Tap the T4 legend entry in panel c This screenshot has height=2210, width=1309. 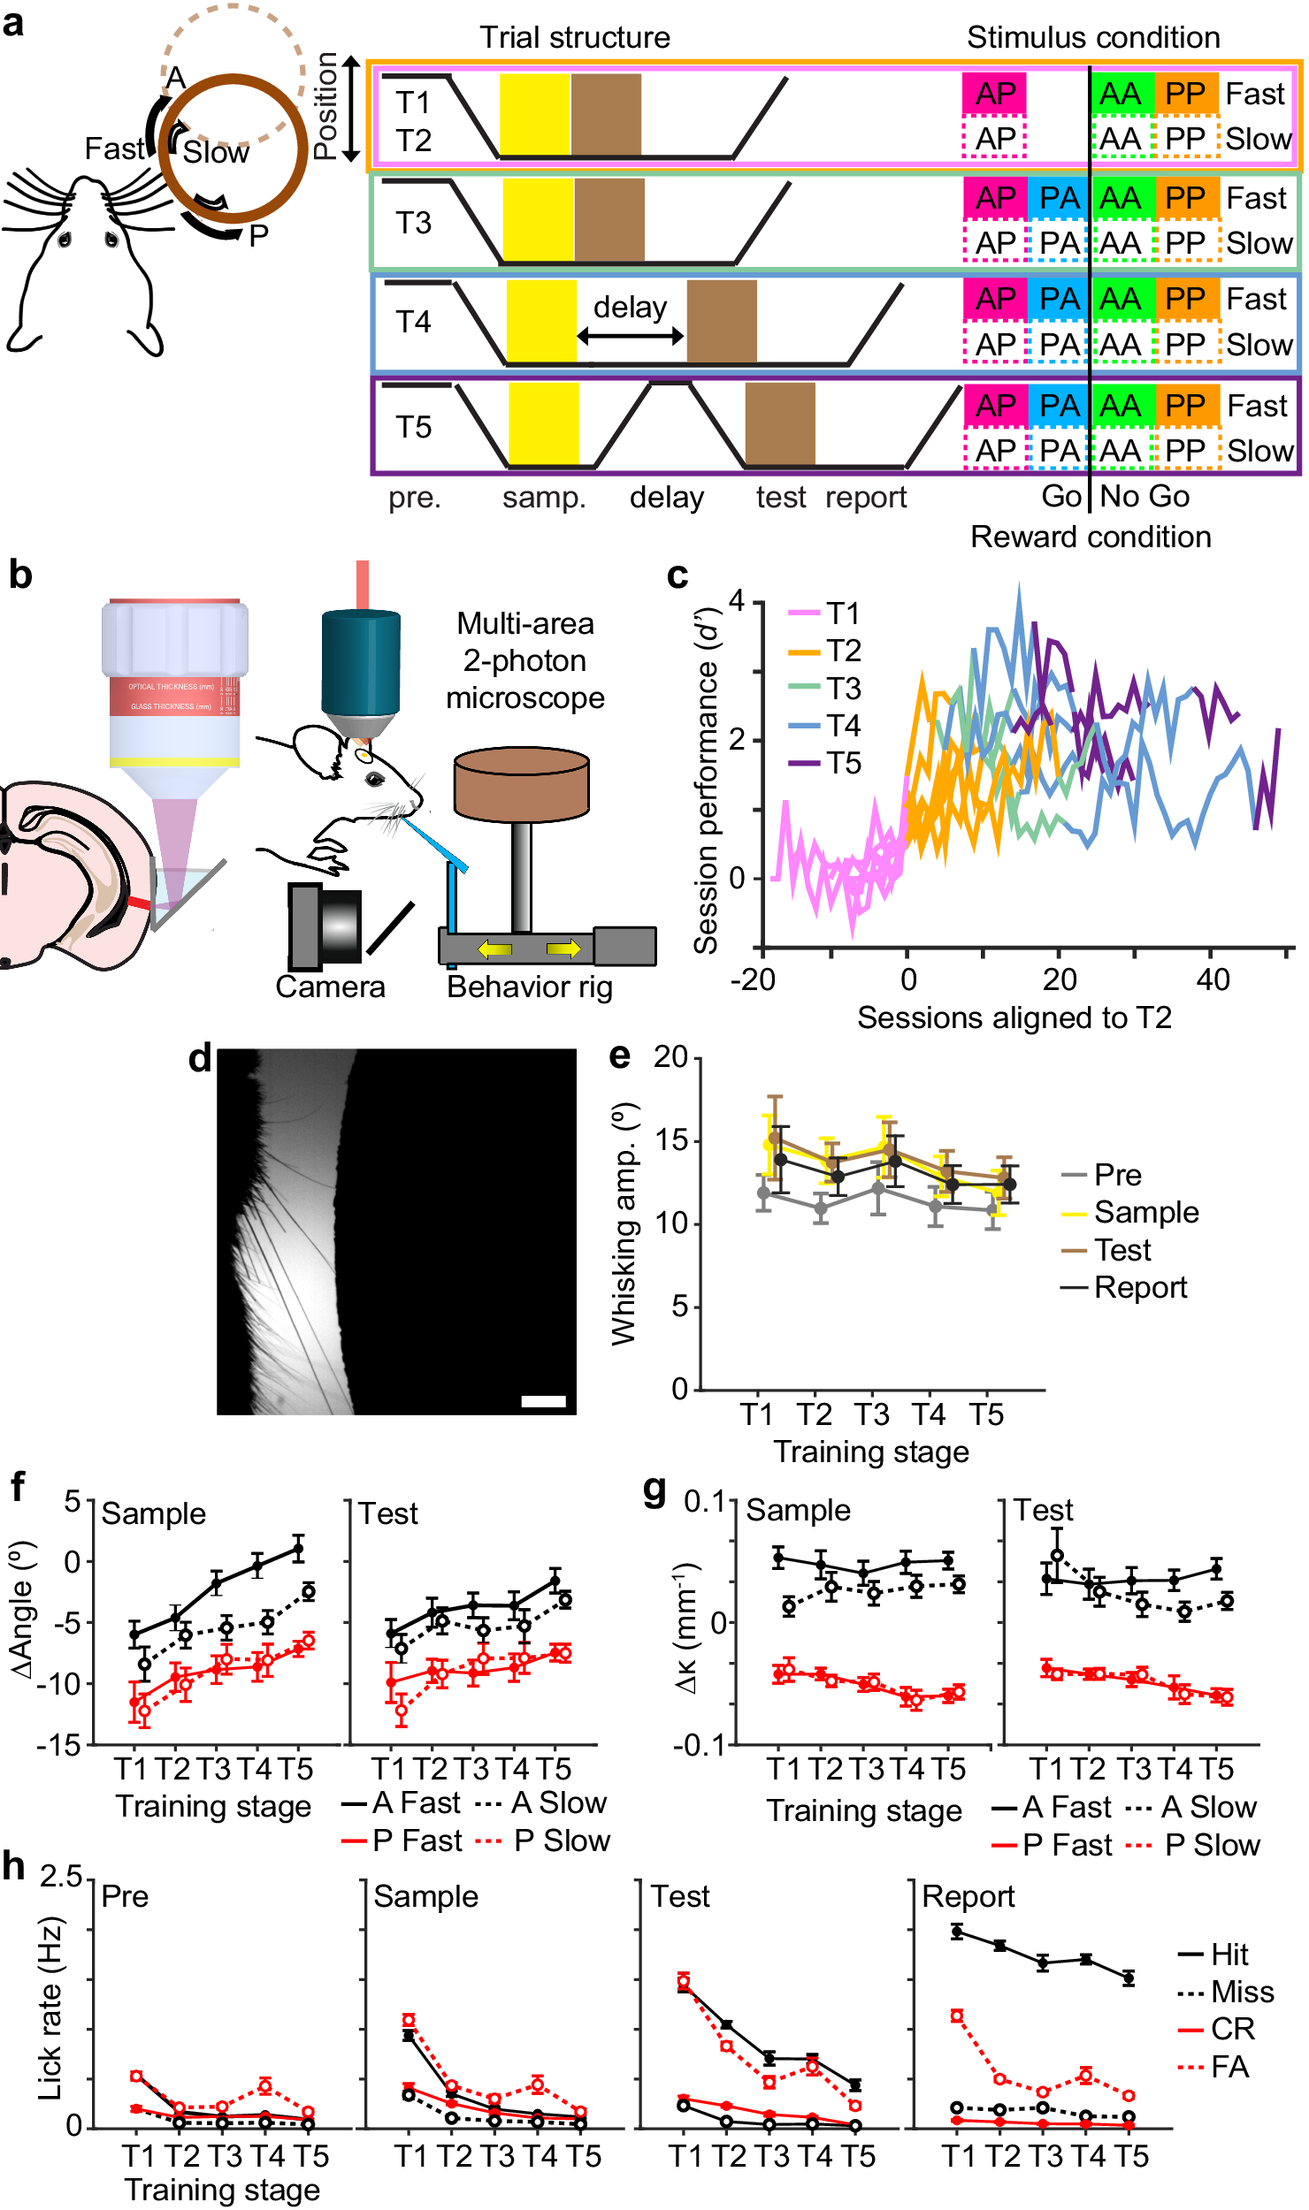[843, 726]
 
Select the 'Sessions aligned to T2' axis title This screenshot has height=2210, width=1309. [1014, 1017]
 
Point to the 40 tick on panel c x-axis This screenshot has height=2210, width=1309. [1212, 979]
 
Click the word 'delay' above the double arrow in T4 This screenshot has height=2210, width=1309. [630, 308]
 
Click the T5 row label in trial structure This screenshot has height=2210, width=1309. [413, 428]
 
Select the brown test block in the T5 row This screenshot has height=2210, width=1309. [779, 423]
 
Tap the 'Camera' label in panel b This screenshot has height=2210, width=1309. [330, 987]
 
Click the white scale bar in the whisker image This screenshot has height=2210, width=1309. [543, 1400]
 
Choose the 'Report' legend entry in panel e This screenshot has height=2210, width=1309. [1139, 1288]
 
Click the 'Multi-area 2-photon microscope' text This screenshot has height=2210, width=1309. [524, 660]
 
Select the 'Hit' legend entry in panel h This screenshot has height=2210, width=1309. [1229, 1955]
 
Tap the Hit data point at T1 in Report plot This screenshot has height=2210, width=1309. [956, 1932]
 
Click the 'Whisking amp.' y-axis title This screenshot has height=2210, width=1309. [624, 1224]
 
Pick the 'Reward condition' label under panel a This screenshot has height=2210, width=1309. [1090, 537]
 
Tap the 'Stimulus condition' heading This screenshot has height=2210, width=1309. [1092, 37]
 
